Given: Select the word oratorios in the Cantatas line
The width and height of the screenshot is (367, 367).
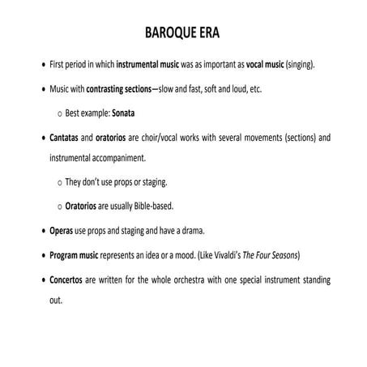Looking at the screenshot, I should pos(125,138).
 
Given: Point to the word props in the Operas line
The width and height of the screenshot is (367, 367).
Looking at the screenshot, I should pos(111,230).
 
